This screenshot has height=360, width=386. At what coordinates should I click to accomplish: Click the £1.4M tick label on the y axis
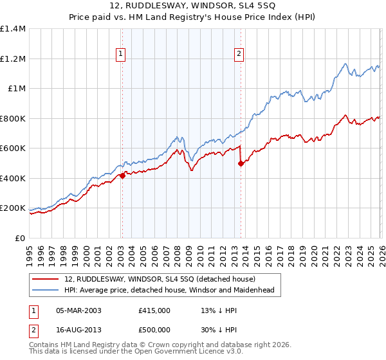[13, 29]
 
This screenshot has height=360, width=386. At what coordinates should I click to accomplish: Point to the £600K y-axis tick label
[13, 148]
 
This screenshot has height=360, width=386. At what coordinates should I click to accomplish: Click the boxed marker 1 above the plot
[122, 55]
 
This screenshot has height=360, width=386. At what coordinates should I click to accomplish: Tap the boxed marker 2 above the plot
[239, 55]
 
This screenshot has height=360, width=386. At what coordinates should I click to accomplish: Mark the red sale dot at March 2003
[122, 176]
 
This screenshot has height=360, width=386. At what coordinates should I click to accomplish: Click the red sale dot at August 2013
[240, 163]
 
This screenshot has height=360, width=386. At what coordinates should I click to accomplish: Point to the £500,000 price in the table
[154, 329]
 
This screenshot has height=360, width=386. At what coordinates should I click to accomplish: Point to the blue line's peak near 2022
[345, 64]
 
